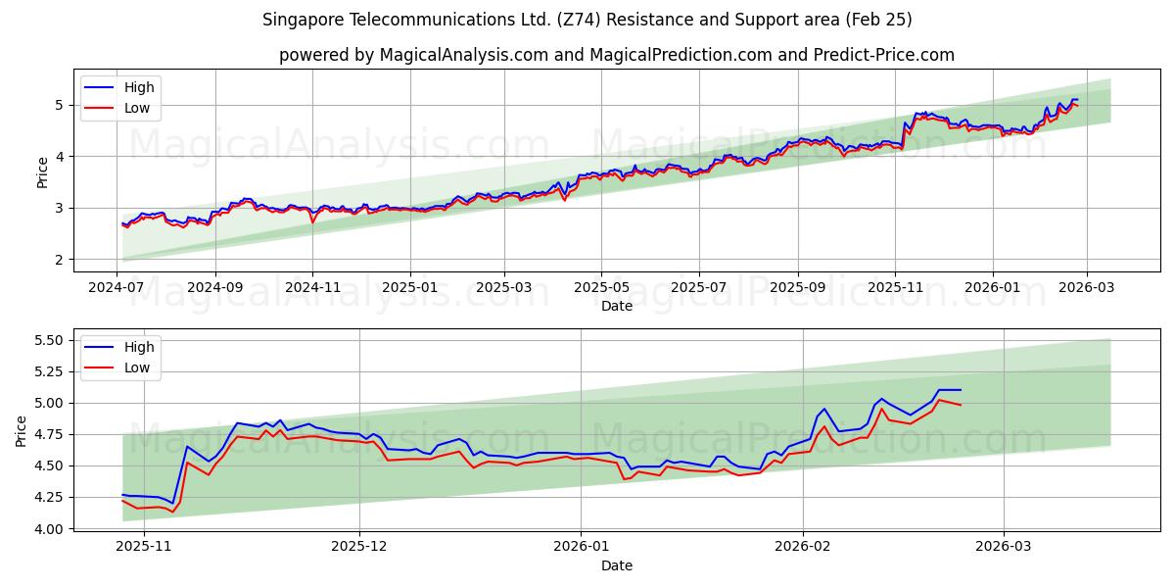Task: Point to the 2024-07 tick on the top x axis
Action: tap(117, 287)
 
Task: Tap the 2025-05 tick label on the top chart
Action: tap(601, 287)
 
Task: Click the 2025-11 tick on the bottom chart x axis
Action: tap(145, 547)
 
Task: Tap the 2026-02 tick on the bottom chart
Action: tap(803, 547)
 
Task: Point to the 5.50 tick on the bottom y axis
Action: tap(49, 340)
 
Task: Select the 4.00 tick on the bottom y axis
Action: tap(49, 529)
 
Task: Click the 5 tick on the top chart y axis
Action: tap(60, 105)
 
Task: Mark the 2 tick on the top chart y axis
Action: tap(60, 260)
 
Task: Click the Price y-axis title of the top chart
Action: tap(42, 171)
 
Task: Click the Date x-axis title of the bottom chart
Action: tap(617, 565)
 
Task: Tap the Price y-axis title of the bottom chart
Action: tap(22, 430)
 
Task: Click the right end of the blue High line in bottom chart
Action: tap(961, 390)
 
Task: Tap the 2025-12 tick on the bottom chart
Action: tap(359, 547)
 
